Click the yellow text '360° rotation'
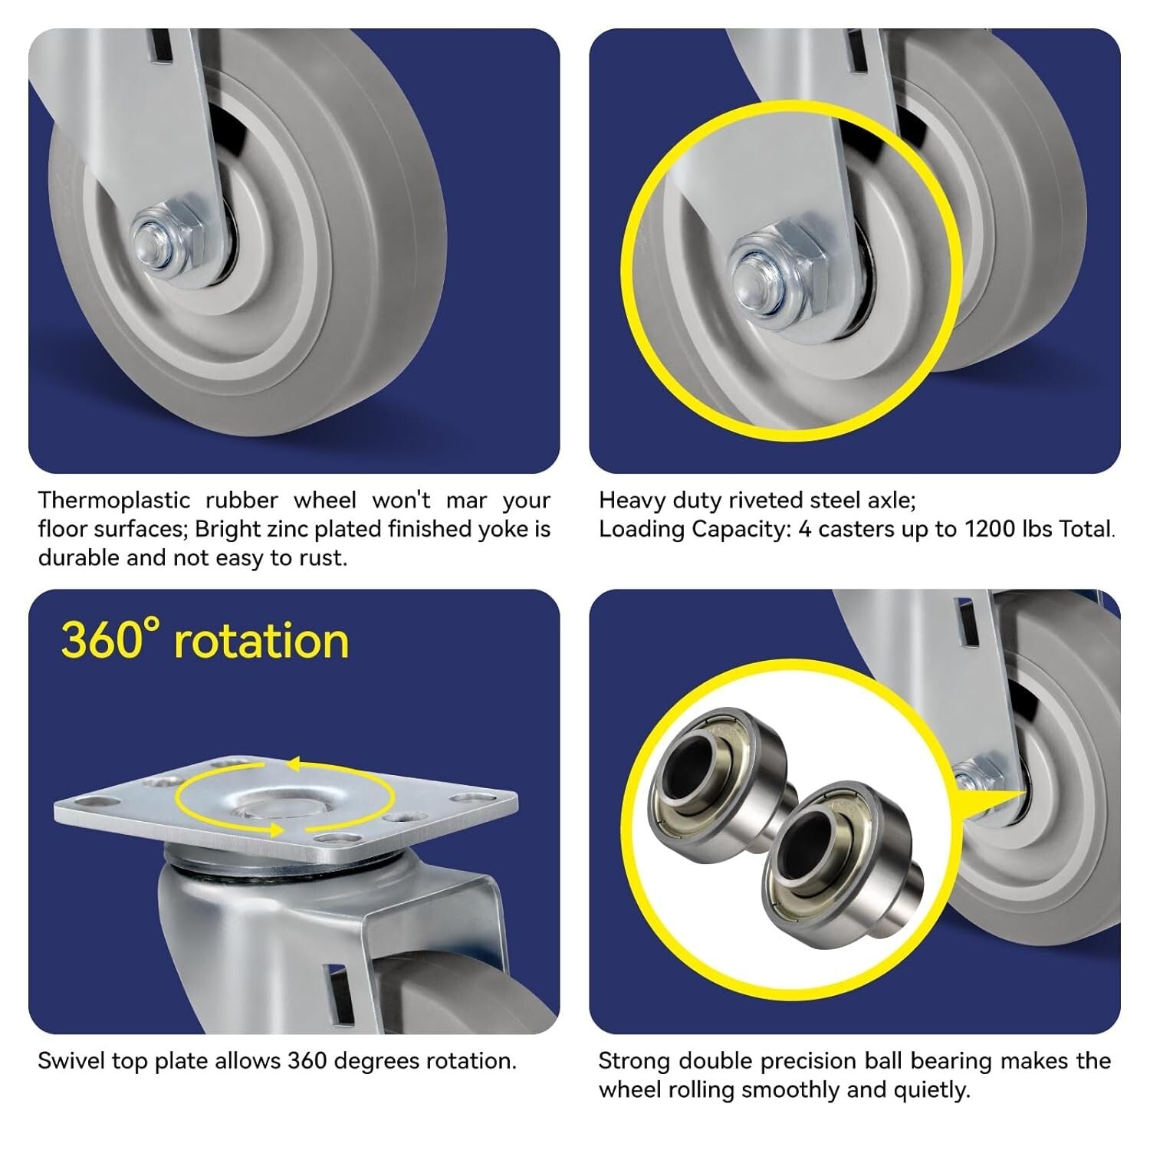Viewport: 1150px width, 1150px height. coord(205,640)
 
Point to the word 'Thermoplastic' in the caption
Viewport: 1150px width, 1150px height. coord(114,501)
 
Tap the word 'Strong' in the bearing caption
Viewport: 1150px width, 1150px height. coord(635,1061)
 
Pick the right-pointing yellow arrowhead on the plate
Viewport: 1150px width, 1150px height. coord(274,829)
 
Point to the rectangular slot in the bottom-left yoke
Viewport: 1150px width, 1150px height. coord(337,989)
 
